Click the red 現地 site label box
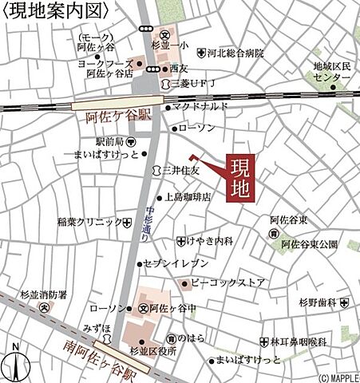click(x=241, y=179)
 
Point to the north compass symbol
click(x=15, y=364)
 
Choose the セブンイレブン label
click(x=176, y=263)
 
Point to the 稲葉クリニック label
click(x=89, y=222)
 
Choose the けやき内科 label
click(x=210, y=240)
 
